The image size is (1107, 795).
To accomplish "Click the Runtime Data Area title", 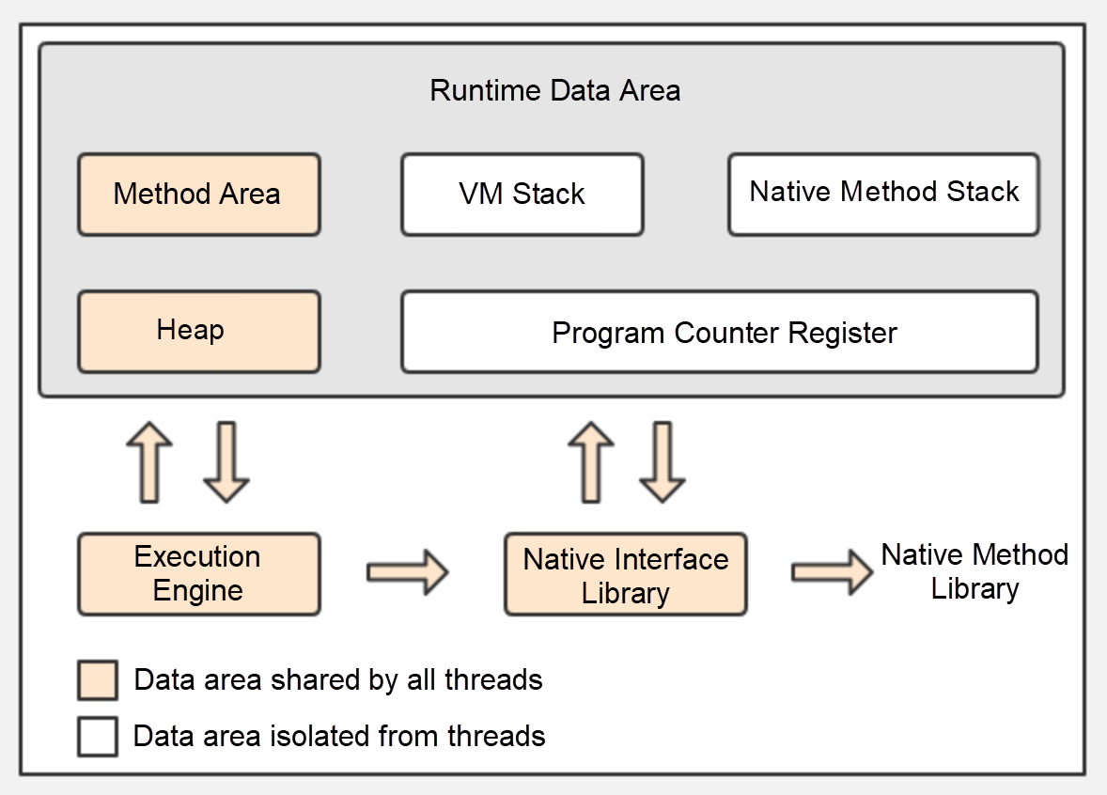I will pos(554,91).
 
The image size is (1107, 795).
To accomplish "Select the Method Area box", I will pos(198,195).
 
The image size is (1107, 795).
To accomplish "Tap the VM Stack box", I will pos(522,195).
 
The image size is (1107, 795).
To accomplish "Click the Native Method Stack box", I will pos(883,194).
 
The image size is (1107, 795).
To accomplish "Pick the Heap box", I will pos(198,332).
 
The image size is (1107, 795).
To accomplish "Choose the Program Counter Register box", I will pos(719,333).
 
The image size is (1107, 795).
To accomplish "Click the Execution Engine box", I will pos(198,574).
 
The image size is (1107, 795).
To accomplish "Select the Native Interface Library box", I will pos(625,575).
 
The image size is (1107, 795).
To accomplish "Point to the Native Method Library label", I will pos(974,571).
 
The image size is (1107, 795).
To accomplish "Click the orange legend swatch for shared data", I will pos(98,680).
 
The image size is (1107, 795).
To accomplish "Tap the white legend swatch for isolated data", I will pos(98,736).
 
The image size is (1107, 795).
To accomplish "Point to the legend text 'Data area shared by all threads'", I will pos(338,679).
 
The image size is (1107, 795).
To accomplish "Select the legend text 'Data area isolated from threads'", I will pos(339,735).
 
